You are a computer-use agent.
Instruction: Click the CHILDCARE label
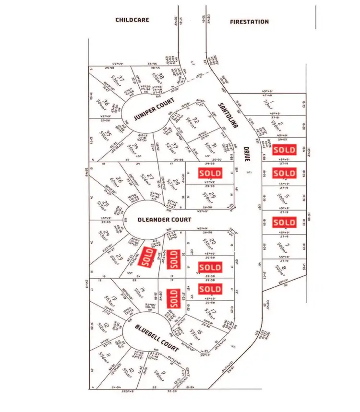click(132, 20)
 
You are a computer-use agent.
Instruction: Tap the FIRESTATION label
click(249, 22)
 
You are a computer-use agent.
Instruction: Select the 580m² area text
click(157, 375)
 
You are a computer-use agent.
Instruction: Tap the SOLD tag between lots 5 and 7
click(284, 223)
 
